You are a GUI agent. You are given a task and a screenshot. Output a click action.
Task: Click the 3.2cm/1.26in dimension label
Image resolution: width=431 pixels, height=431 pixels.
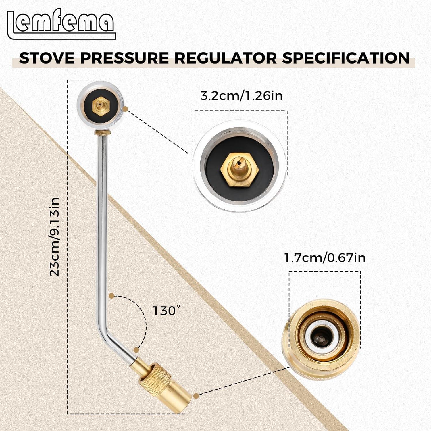pos(241,96)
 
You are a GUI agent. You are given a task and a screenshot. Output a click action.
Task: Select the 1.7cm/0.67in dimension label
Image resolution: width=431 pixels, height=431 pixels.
pos(325,258)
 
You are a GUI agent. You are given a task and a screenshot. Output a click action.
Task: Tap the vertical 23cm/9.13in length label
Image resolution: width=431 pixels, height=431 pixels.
pos(55,237)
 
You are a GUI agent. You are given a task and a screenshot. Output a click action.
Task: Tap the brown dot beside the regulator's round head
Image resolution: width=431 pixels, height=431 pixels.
pos(126,109)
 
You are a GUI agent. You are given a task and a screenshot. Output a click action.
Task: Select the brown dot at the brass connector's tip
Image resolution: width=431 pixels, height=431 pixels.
pos(196,396)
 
